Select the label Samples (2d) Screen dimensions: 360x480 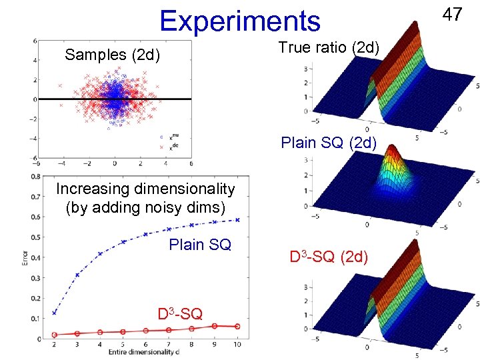tap(112, 55)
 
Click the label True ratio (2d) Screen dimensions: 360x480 tap(329, 47)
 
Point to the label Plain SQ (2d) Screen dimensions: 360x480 tap(329, 142)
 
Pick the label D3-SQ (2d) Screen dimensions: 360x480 tap(328, 256)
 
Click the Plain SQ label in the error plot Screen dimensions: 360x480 tap(200, 244)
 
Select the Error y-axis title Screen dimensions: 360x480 tap(25, 257)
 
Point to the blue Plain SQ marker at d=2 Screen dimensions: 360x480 tap(55, 312)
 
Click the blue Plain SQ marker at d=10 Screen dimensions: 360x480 tap(237, 219)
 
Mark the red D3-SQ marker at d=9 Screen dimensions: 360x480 tap(215, 326)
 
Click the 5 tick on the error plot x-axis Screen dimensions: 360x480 tap(123, 345)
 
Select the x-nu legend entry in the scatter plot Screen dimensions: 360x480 tap(172, 136)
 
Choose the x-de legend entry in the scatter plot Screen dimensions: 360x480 tap(172, 147)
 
